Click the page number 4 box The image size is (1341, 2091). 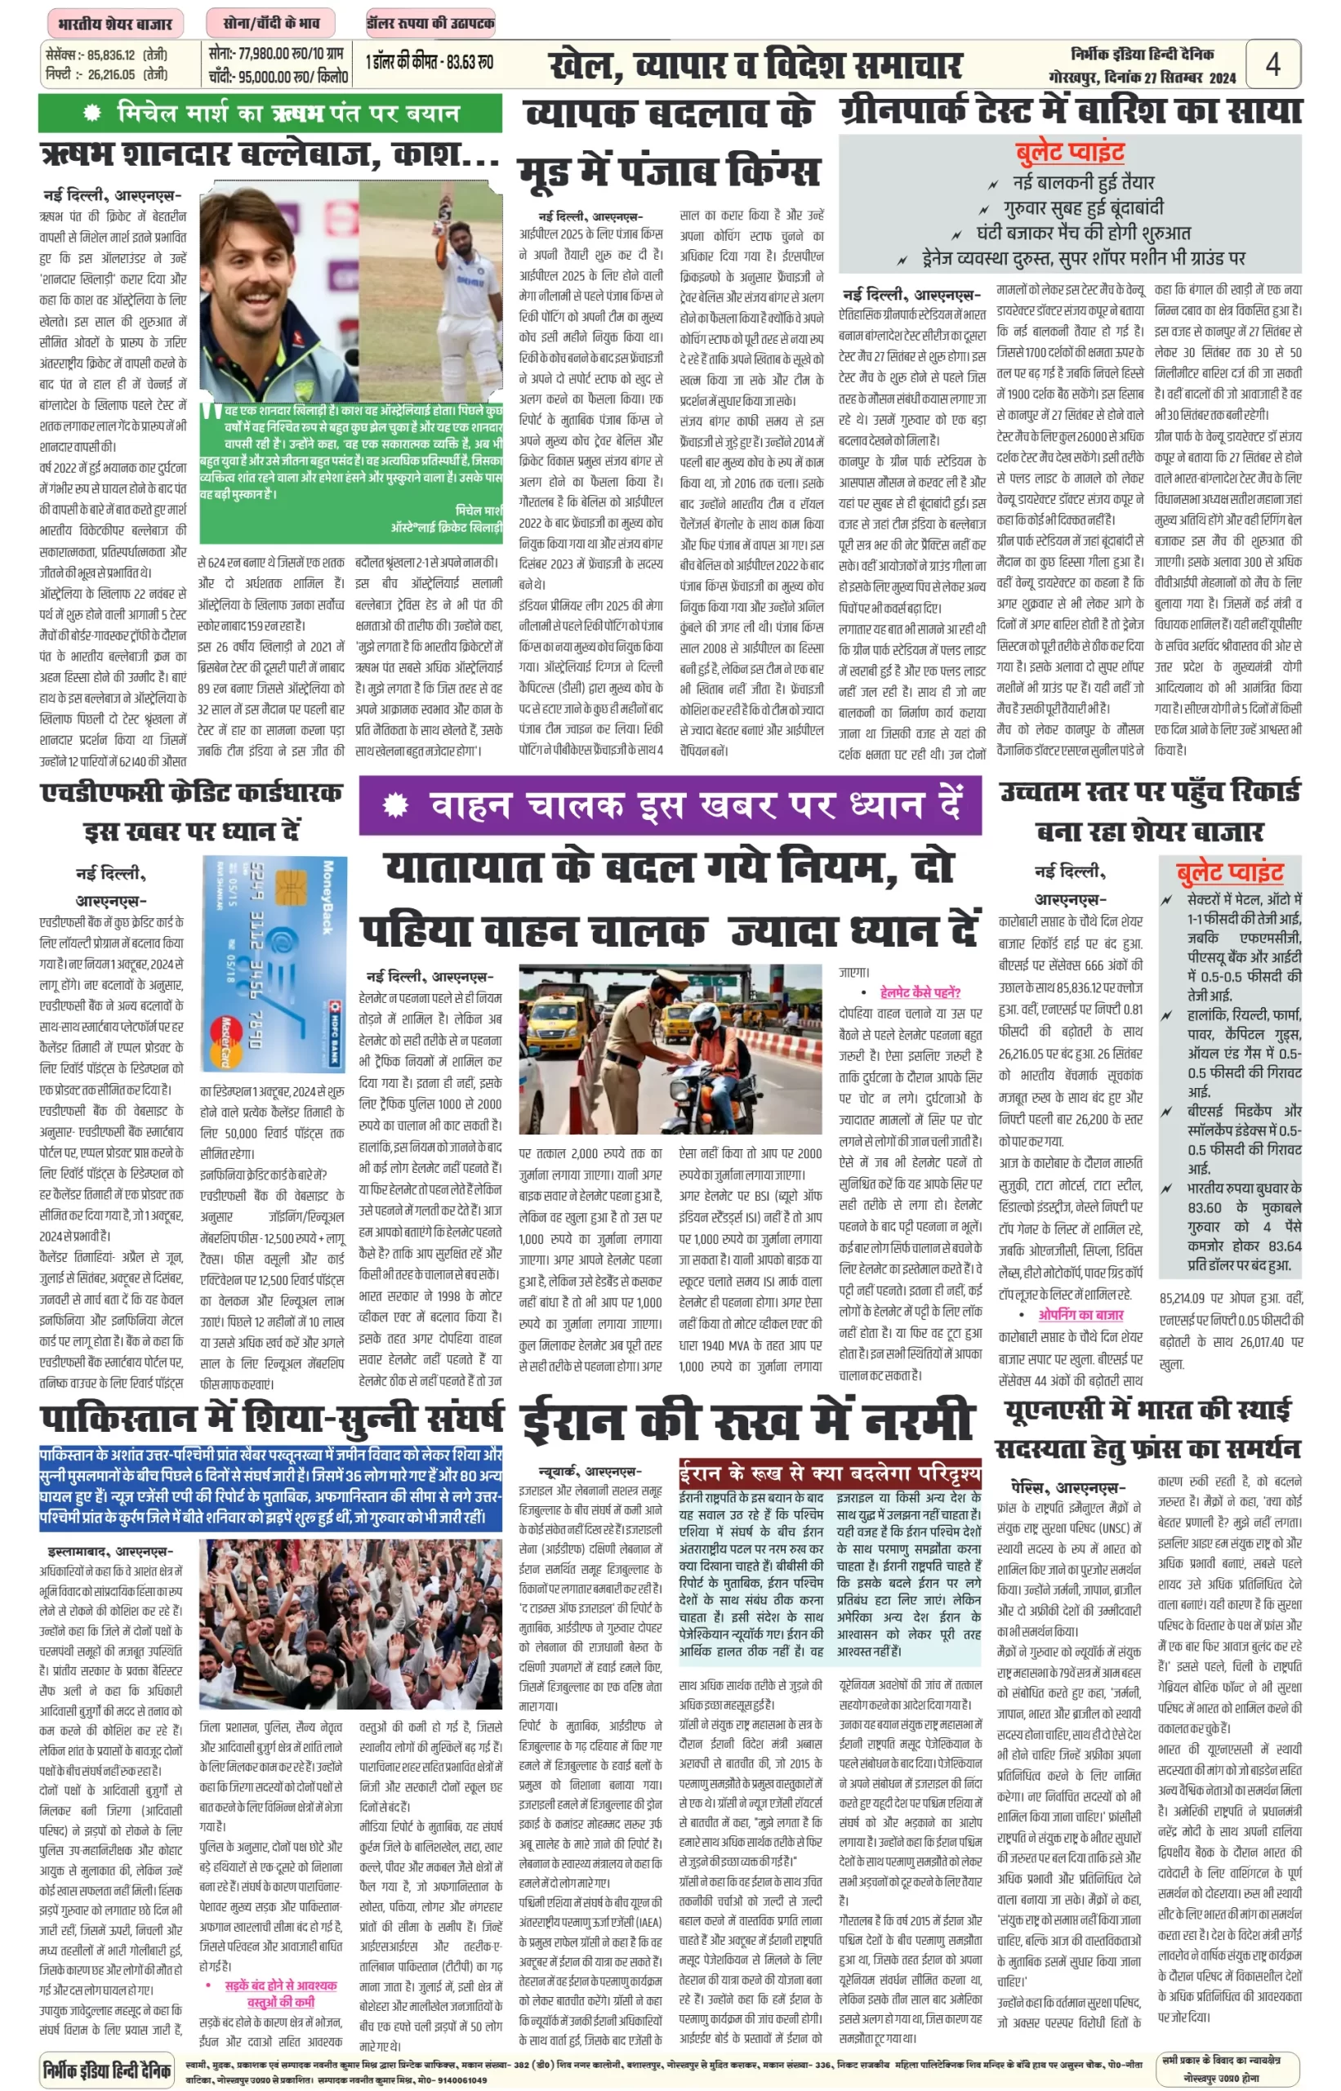click(1272, 65)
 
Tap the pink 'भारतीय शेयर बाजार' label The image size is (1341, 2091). click(114, 23)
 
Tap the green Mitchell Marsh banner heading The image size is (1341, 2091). click(270, 114)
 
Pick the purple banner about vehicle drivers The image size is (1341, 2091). click(670, 805)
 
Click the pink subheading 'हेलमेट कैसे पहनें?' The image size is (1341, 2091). click(920, 992)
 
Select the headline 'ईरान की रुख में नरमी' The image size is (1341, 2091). click(746, 1420)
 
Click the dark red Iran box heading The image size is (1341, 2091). click(830, 1473)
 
